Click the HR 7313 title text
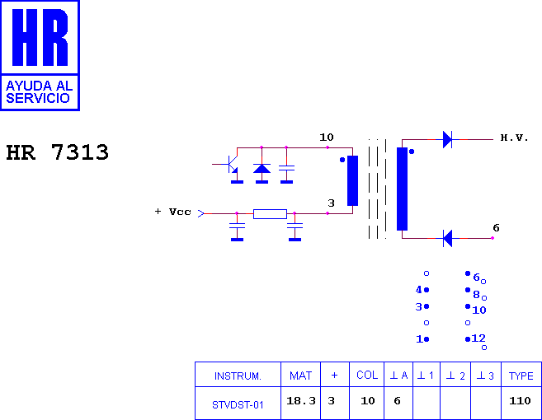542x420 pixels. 58,152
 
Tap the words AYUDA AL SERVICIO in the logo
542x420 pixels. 39,91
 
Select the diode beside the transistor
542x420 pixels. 262,169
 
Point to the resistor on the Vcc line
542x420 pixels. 270,214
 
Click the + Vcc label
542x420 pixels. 173,212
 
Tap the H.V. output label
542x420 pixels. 514,138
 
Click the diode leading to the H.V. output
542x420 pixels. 448,139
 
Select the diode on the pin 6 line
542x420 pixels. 448,238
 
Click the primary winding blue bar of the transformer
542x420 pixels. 352,180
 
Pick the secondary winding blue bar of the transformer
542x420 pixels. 402,189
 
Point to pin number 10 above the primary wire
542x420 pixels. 327,138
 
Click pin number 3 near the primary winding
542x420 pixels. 331,203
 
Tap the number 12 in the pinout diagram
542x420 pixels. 478,338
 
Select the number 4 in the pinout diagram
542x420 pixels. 419,290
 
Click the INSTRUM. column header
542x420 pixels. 238,376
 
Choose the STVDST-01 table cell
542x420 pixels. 238,404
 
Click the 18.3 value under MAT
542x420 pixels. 301,401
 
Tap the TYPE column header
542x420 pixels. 521,376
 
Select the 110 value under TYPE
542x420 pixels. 520,401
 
